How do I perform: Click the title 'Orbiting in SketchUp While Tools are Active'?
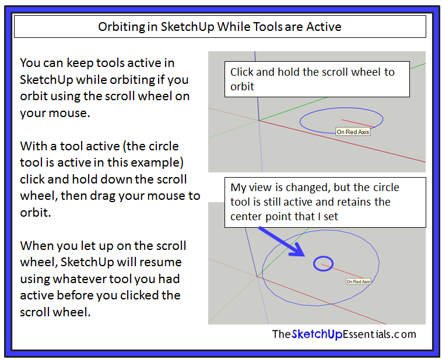(220, 27)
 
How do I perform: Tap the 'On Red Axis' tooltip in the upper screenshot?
(353, 132)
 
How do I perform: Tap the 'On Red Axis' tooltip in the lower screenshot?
(358, 281)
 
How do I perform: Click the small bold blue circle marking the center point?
(324, 264)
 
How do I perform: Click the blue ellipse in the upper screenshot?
(341, 109)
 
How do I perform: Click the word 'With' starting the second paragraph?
(33, 146)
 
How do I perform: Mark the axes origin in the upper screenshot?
(259, 121)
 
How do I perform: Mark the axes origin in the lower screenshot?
(257, 276)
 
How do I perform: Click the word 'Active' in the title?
(323, 27)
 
